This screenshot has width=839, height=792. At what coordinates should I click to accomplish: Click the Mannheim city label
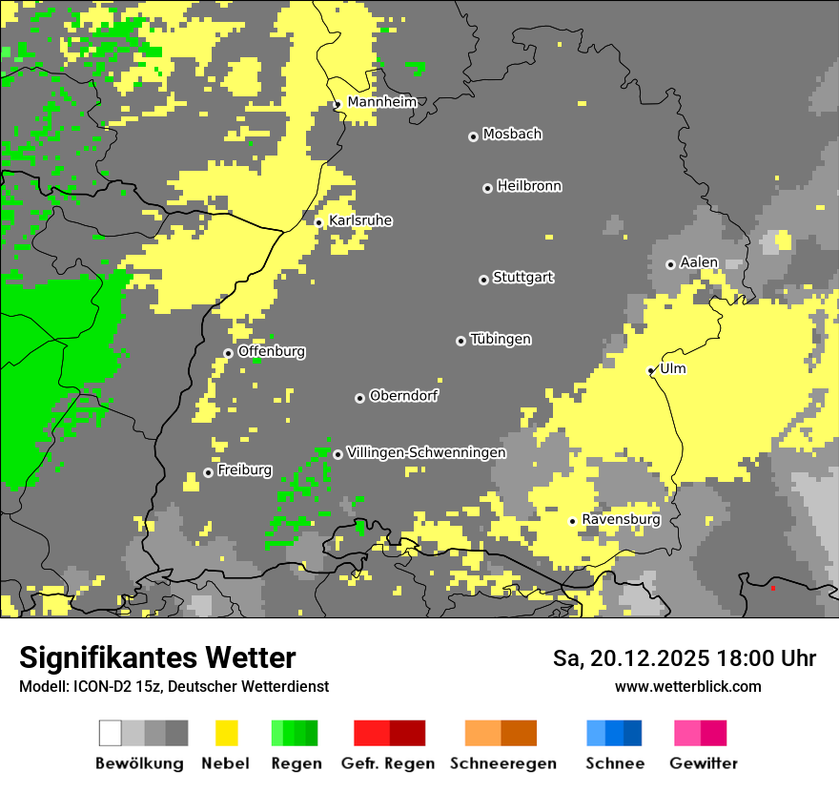pos(381,102)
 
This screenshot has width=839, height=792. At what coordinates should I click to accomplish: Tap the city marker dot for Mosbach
pos(473,136)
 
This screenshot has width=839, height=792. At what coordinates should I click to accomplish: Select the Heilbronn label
pos(529,186)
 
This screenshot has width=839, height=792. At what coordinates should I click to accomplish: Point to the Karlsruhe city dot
pos(318,222)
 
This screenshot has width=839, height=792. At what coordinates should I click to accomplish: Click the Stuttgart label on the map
pos(522,278)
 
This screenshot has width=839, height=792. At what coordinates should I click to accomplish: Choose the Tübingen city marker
pos(460,341)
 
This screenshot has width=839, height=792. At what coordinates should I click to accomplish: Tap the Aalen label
pos(699,262)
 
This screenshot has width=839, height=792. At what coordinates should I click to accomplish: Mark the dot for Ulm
pos(650,370)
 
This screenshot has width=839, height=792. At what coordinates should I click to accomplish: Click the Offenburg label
pos(272,351)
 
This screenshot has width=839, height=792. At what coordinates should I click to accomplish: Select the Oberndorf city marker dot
pos(359,398)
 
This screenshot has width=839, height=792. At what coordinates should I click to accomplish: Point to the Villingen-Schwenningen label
pos(426,452)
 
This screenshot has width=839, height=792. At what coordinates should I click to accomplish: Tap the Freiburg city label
pos(244,469)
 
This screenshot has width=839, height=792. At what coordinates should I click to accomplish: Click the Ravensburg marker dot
pos(572,521)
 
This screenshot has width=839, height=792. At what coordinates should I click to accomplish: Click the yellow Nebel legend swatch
pos(226,733)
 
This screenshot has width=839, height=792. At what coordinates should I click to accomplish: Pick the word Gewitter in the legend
pos(703,763)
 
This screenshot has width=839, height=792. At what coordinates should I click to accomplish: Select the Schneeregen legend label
pos(502,763)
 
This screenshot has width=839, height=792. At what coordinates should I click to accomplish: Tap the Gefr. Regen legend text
pos(387,763)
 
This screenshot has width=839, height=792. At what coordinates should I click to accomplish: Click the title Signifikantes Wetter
pos(157,657)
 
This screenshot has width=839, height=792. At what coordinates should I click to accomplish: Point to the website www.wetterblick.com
pos(687,686)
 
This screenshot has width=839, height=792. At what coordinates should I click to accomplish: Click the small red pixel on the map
pos(772,589)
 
